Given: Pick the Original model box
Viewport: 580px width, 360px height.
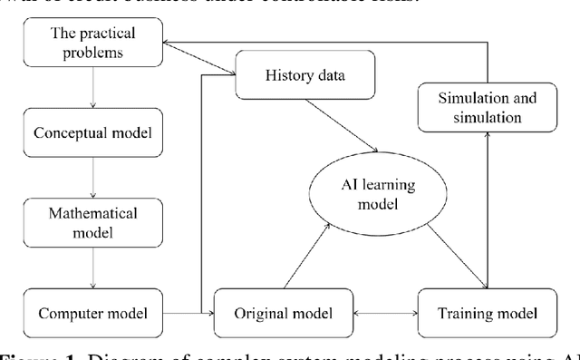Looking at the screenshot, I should (x=270, y=314).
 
